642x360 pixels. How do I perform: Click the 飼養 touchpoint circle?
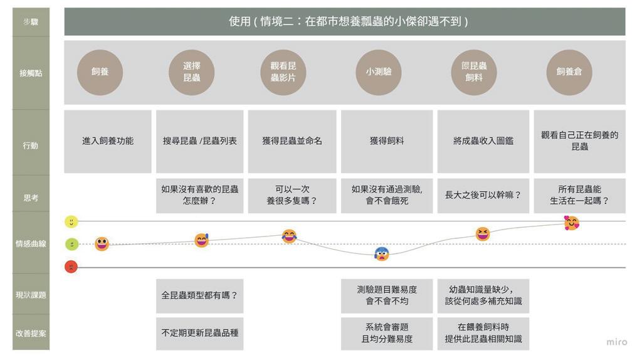pyautogui.click(x=100, y=72)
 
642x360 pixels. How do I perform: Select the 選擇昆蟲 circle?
pyautogui.click(x=192, y=72)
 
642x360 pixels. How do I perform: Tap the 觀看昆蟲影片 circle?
pyautogui.click(x=283, y=72)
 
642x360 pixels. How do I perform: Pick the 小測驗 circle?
pyautogui.click(x=379, y=72)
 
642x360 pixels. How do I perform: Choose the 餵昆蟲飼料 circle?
pyautogui.click(x=474, y=72)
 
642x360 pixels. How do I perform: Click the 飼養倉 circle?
pyautogui.click(x=569, y=72)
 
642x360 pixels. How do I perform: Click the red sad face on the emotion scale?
pyautogui.click(x=71, y=267)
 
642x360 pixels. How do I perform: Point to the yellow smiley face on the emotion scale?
pyautogui.click(x=71, y=221)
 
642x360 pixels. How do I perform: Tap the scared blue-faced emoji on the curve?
pyautogui.click(x=382, y=254)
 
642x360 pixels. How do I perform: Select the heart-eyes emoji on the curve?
pyautogui.click(x=571, y=223)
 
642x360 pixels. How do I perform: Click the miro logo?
pyautogui.click(x=616, y=342)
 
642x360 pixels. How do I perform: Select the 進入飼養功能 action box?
pyautogui.click(x=108, y=141)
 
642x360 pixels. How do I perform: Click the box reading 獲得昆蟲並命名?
pyautogui.click(x=292, y=141)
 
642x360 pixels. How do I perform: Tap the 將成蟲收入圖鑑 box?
pyautogui.click(x=483, y=141)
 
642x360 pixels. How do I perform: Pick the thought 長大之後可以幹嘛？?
pyautogui.click(x=483, y=195)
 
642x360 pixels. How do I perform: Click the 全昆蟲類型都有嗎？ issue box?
pyautogui.click(x=199, y=294)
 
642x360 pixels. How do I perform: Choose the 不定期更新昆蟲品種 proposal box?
pyautogui.click(x=199, y=333)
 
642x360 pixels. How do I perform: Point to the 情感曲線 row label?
pyautogui.click(x=31, y=244)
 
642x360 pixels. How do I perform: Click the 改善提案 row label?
pyautogui.click(x=31, y=333)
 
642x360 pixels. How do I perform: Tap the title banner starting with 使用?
pyautogui.click(x=345, y=21)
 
